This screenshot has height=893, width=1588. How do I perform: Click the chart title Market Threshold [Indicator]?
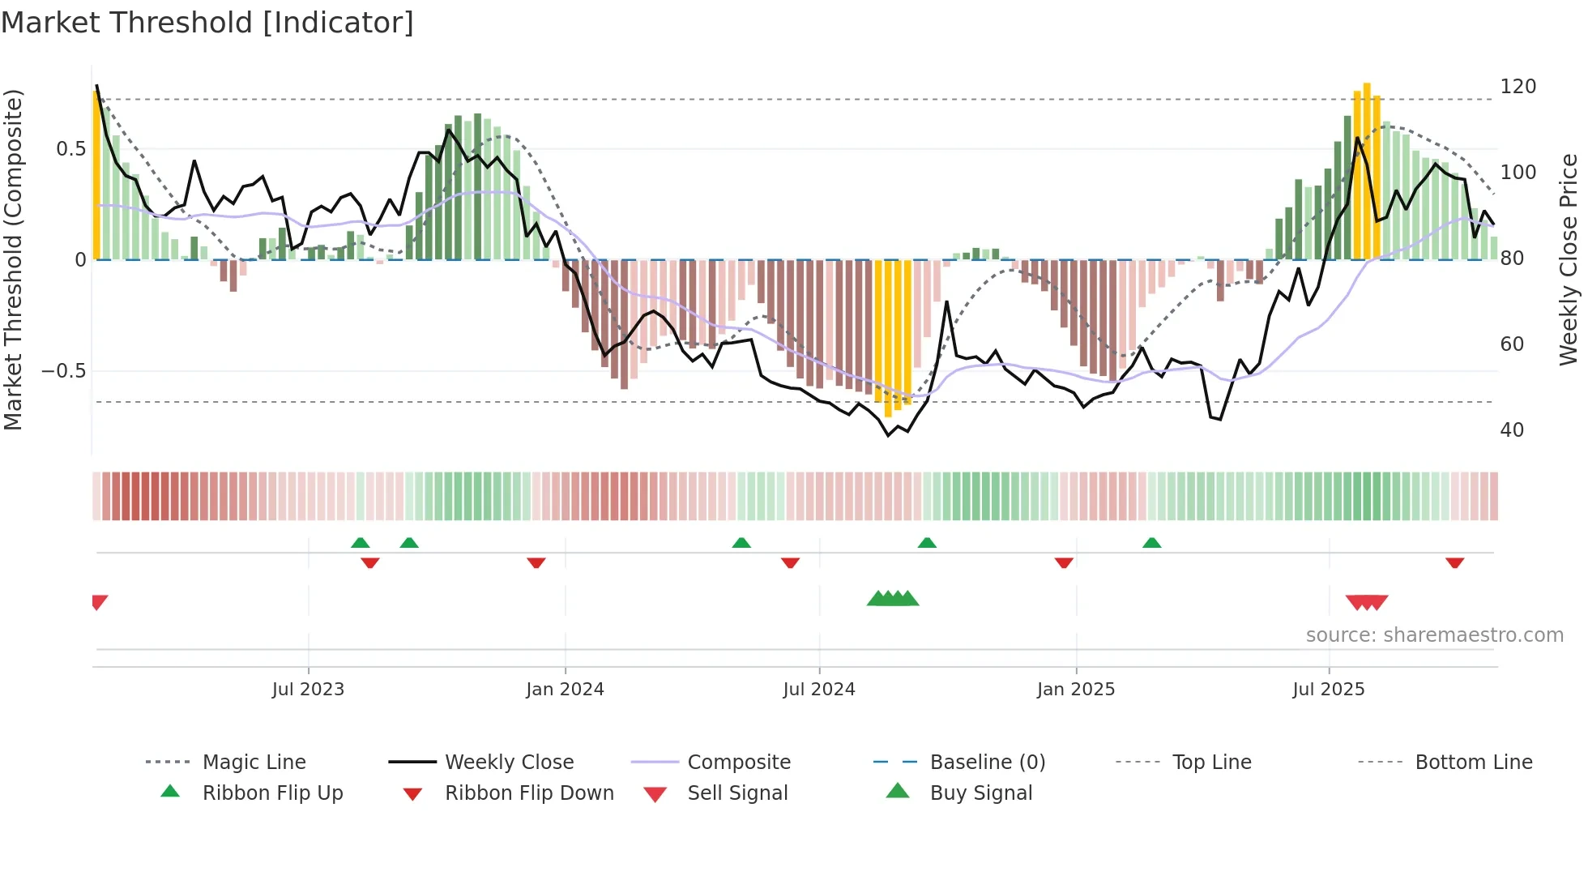pyautogui.click(x=207, y=23)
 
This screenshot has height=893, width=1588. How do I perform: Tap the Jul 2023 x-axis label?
pyautogui.click(x=308, y=690)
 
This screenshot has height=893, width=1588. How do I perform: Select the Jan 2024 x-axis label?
pyautogui.click(x=565, y=690)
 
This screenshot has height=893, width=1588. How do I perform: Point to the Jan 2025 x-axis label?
pyautogui.click(x=1076, y=690)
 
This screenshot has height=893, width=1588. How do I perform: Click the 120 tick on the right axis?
pyautogui.click(x=1518, y=87)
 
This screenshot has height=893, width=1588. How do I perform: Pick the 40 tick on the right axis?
pyautogui.click(x=1512, y=430)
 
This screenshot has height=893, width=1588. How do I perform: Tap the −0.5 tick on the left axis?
pyautogui.click(x=63, y=371)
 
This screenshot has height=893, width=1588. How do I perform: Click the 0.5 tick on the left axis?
pyautogui.click(x=70, y=149)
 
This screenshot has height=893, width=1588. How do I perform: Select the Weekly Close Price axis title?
pyautogui.click(x=1569, y=259)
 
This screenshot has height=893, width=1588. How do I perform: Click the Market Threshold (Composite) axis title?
pyautogui.click(x=13, y=259)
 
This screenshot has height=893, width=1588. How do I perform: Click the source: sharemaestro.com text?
pyautogui.click(x=1434, y=635)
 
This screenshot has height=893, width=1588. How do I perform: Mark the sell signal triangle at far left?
pyautogui.click(x=99, y=602)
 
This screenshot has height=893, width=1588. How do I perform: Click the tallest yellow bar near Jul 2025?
pyautogui.click(x=1367, y=170)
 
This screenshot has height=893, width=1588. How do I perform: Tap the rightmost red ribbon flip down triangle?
pyautogui.click(x=1454, y=562)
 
